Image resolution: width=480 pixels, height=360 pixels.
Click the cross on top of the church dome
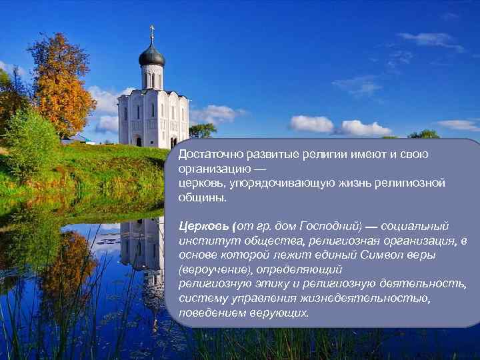152,32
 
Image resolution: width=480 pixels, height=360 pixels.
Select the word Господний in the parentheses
329,226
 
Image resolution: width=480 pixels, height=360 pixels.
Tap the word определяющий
301,269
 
